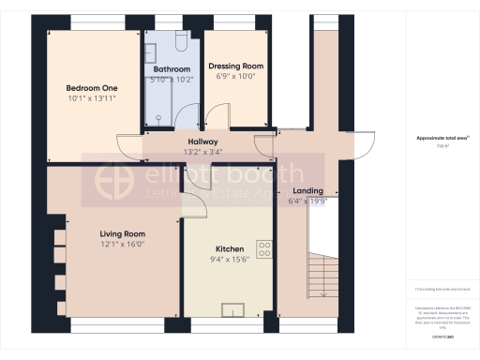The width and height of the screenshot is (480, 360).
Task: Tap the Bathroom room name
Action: (172, 69)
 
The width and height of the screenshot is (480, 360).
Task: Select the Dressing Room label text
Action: (235, 67)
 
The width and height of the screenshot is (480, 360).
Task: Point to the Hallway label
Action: (202, 141)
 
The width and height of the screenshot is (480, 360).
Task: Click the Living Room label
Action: (123, 233)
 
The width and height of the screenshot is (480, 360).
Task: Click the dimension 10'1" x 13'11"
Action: (91, 97)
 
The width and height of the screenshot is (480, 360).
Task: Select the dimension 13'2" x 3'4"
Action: (202, 151)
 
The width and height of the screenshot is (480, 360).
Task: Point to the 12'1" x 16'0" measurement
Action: (123, 244)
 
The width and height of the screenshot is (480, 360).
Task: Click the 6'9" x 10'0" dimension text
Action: (235, 77)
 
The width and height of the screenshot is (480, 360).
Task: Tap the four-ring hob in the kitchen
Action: (264, 248)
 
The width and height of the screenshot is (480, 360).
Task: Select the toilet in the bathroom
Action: (180, 43)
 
